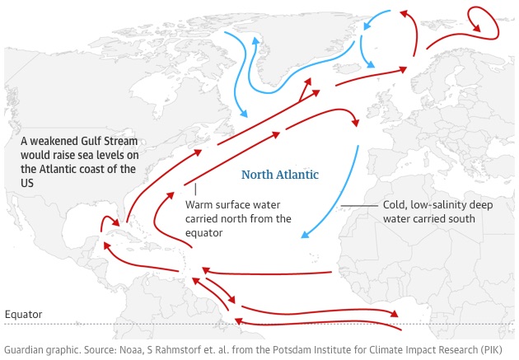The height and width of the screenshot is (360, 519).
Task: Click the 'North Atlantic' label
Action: [x=279, y=175]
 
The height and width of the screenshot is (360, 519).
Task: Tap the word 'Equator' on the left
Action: [x=23, y=315]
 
